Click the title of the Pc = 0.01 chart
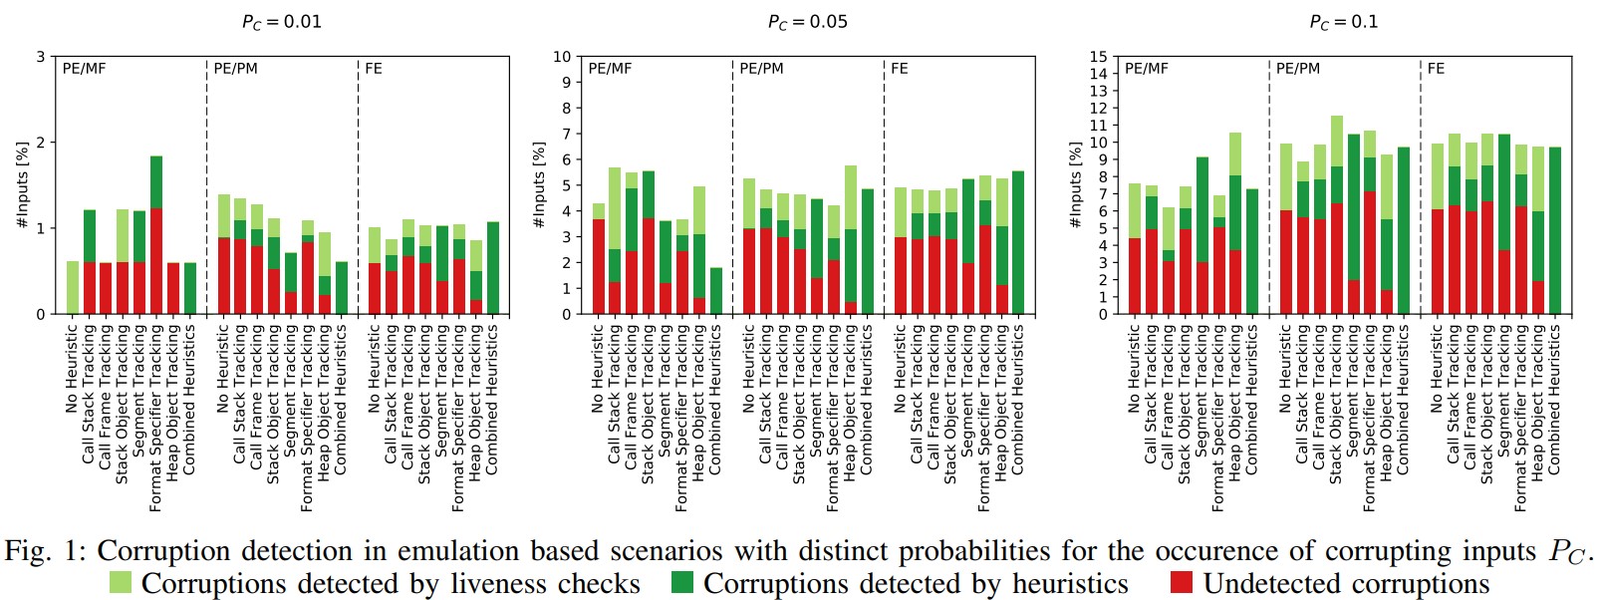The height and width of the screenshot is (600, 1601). (282, 22)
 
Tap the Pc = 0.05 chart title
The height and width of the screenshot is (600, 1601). (807, 22)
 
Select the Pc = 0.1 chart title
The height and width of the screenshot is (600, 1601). (1343, 22)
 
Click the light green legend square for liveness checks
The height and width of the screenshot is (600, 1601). (120, 583)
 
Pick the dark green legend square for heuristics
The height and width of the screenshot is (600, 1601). (682, 583)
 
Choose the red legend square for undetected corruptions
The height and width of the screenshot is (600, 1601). (1182, 583)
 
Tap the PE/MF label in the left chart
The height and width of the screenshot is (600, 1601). (84, 69)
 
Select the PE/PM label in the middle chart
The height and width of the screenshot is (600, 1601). (761, 69)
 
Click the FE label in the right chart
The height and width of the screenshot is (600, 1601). (1436, 69)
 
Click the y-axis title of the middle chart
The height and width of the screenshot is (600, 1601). (539, 185)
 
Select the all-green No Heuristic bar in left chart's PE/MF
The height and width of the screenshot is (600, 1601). (73, 288)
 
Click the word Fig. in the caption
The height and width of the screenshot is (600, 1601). (27, 551)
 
